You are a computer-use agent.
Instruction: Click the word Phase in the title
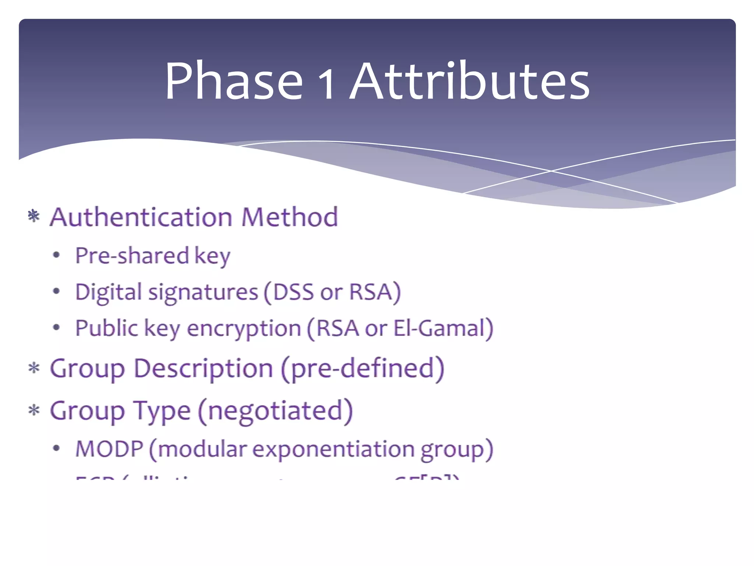tap(233, 81)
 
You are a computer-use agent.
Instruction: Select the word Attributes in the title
tap(469, 81)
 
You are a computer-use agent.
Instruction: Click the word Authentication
tap(141, 217)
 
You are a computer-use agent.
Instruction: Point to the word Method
tap(289, 217)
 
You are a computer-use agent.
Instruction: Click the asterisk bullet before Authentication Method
tap(34, 216)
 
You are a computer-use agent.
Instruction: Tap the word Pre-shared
tap(132, 255)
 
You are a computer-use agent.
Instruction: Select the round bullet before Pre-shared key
tap(56, 255)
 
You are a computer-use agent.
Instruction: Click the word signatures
tap(203, 293)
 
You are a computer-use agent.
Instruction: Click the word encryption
tap(244, 329)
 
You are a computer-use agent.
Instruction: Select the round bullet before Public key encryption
tap(56, 327)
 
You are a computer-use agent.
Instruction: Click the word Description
tap(203, 369)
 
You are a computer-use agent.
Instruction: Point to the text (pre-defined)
tap(363, 368)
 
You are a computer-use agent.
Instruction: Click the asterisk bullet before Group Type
tap(34, 410)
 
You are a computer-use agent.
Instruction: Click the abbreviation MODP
tap(109, 449)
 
